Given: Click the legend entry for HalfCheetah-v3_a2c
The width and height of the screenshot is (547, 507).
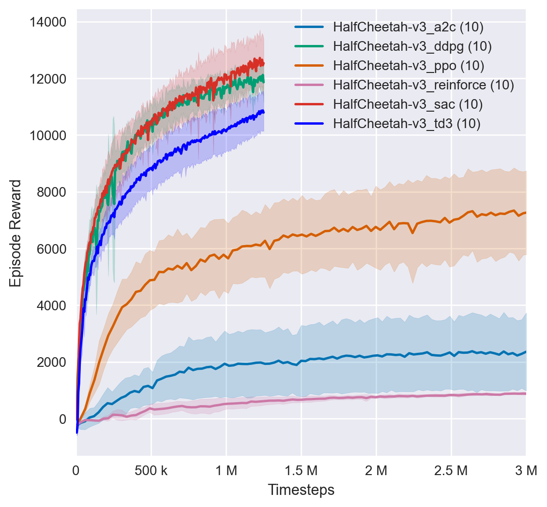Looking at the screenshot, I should (x=408, y=28).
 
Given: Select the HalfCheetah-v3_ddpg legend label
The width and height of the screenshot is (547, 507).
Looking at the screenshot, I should (x=412, y=47).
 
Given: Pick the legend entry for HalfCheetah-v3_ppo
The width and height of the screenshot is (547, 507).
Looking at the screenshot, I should (x=409, y=66).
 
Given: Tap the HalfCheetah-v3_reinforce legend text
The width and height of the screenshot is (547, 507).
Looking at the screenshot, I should (x=423, y=85).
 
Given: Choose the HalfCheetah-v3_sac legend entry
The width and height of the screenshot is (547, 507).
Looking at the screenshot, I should (x=408, y=104).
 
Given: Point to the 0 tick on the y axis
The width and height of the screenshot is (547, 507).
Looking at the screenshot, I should (x=62, y=419).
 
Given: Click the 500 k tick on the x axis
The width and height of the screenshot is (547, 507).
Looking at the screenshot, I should (x=151, y=470).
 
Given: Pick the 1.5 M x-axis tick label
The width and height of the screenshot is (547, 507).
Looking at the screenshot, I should (x=301, y=470).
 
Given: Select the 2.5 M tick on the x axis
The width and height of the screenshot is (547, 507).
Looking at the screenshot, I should (x=451, y=470).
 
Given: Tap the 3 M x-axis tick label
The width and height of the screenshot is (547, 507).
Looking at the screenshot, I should (x=526, y=470).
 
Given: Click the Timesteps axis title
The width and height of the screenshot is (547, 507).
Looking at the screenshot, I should (x=301, y=490).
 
